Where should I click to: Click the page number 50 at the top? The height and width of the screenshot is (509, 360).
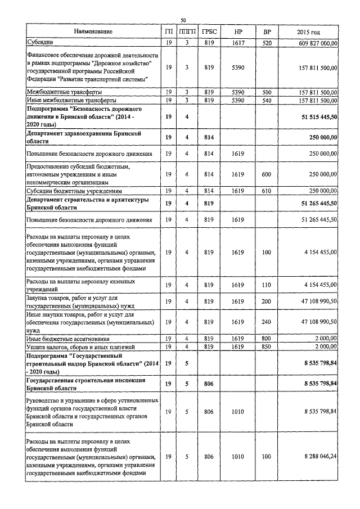(x=183, y=21)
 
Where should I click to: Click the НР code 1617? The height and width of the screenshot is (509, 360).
(x=238, y=42)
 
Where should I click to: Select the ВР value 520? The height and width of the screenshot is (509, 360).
(x=267, y=42)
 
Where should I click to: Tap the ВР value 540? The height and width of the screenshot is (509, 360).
(x=267, y=100)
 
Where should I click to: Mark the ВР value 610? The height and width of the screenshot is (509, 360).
(x=267, y=191)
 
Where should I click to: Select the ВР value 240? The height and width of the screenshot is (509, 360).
(x=267, y=321)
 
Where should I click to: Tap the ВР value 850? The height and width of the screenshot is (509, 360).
(x=267, y=346)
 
